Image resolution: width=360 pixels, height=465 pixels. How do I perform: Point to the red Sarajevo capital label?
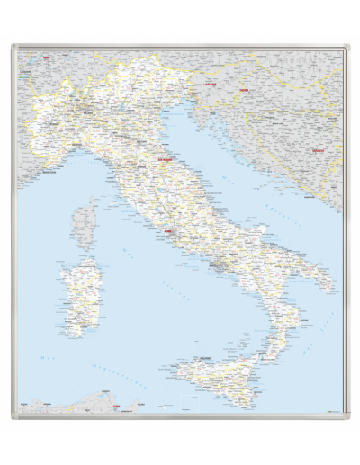317,151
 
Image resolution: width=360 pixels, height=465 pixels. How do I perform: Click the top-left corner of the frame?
13,47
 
